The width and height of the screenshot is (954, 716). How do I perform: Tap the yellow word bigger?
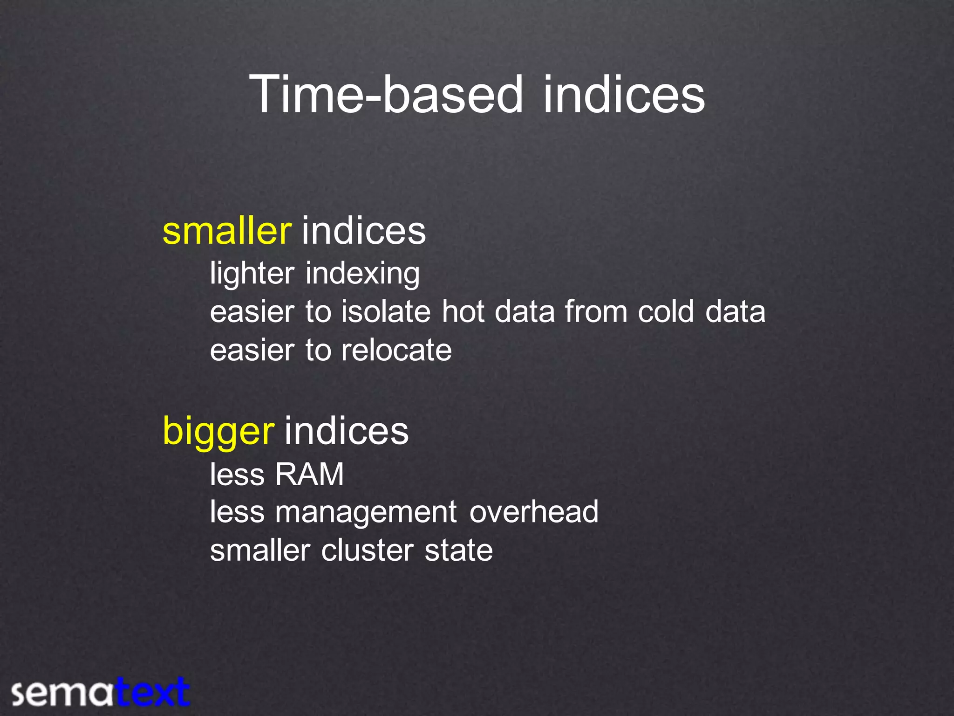point(218,431)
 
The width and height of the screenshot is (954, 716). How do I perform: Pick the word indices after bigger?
point(346,431)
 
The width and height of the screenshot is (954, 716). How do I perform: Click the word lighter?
point(252,274)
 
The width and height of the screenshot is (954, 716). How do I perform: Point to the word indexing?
point(362,274)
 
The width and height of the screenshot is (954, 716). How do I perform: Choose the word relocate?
point(396,350)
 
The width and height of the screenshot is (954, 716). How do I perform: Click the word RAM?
point(309,475)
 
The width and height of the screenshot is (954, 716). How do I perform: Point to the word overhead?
point(533,512)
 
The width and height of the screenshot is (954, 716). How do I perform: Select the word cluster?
point(367,551)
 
